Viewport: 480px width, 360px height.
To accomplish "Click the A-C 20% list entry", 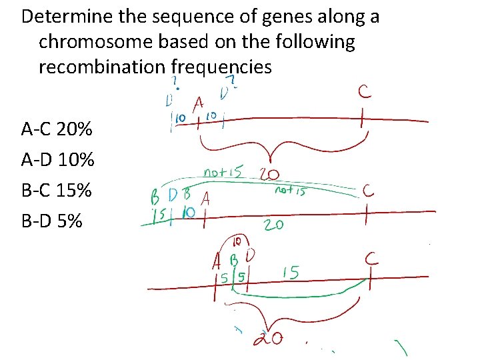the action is coord(57,129).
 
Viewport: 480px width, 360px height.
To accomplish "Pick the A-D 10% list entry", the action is coord(57,159).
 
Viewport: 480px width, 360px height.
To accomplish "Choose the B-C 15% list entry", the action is coord(57,190).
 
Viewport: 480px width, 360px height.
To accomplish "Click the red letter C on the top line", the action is coord(365,92).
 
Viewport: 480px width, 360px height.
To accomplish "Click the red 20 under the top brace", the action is coord(269,175).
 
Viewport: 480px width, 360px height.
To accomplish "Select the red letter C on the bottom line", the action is coord(371,259).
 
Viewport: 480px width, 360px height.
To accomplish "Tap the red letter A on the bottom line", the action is coord(217,260).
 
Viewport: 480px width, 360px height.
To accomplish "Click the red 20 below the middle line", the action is coord(273,225).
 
